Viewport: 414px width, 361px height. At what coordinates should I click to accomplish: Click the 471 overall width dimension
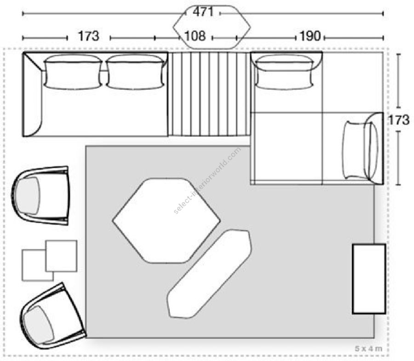click(203, 12)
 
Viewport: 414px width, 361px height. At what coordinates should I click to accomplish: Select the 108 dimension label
click(195, 36)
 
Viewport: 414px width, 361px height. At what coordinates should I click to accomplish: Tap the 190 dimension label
click(310, 36)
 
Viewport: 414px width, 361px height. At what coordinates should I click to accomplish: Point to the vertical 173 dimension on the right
click(399, 120)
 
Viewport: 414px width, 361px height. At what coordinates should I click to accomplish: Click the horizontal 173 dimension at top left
click(88, 36)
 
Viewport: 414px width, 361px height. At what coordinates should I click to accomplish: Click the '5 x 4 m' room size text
click(368, 349)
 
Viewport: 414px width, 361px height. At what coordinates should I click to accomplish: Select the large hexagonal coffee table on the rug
click(167, 221)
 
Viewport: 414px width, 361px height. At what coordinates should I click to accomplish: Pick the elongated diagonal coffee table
click(210, 273)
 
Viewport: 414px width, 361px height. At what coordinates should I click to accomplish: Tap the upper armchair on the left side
click(40, 195)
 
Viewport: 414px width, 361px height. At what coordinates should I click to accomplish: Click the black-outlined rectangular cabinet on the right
click(369, 279)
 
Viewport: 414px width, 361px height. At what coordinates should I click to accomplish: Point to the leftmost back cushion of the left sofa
click(73, 72)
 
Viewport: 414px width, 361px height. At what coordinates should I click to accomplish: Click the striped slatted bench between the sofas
click(209, 94)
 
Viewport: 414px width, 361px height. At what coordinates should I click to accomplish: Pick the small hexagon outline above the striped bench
click(212, 27)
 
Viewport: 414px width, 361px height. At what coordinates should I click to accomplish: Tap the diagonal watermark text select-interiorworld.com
click(207, 180)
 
